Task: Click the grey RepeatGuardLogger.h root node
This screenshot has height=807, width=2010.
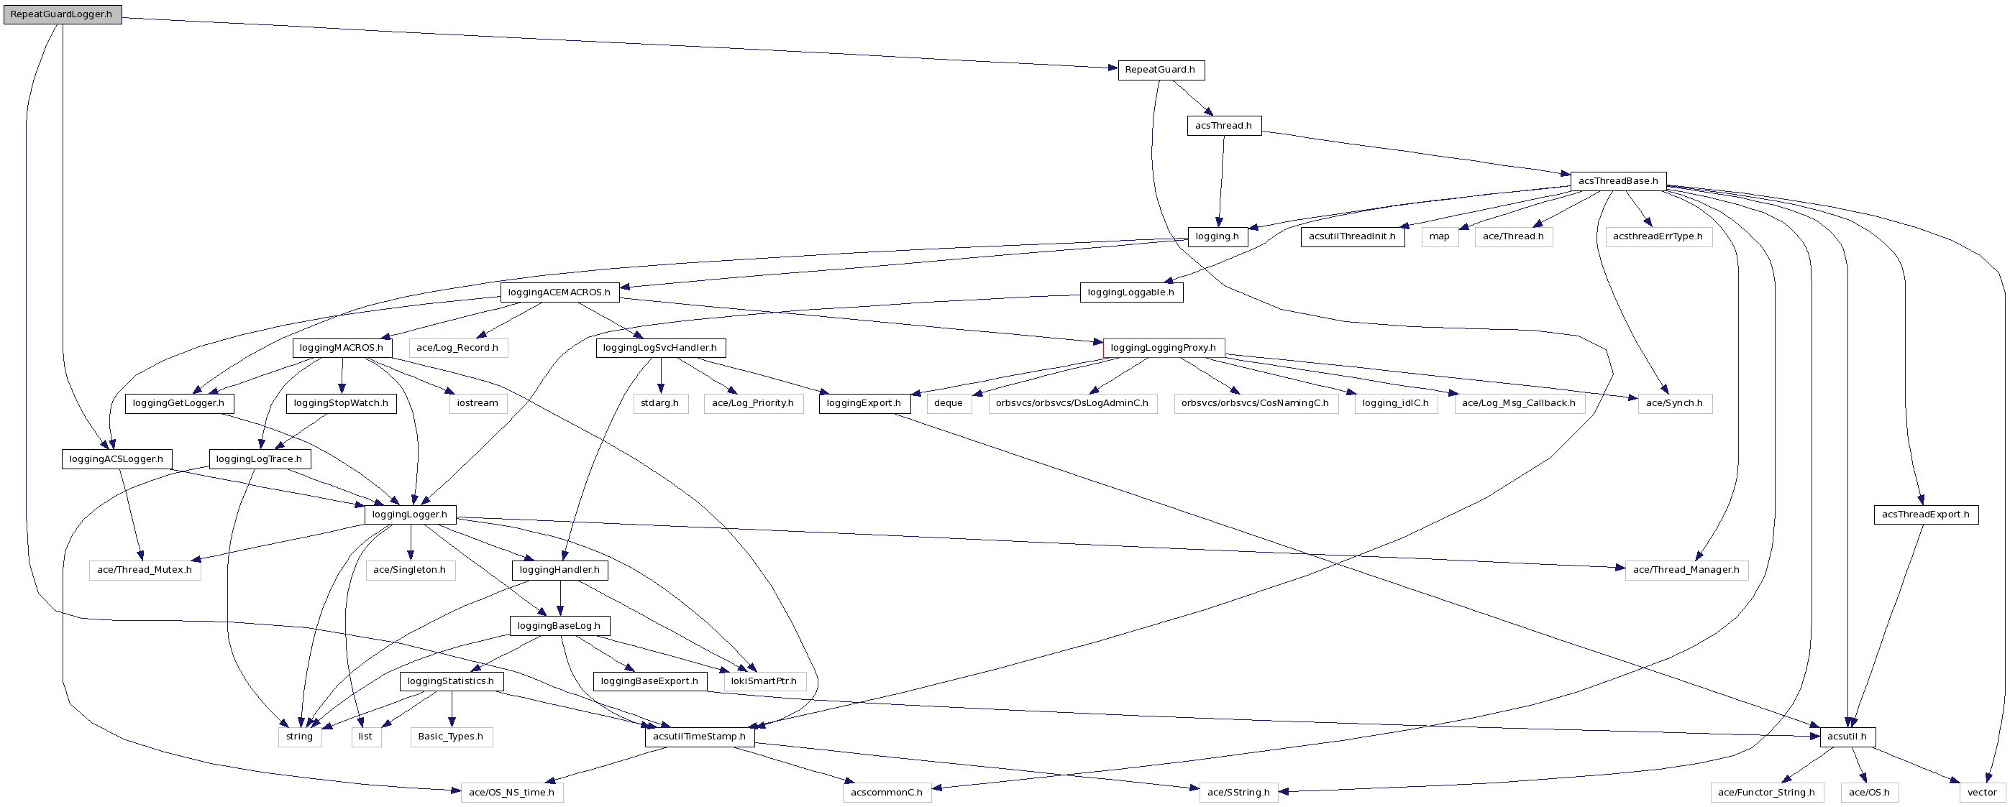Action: [62, 14]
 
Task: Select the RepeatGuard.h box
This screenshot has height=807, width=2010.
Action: [1160, 70]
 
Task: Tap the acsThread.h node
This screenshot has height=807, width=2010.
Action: [1223, 126]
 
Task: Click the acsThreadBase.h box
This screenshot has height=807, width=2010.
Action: [1617, 181]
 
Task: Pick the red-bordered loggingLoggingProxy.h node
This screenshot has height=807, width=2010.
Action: [1164, 348]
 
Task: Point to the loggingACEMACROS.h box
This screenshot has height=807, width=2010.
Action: [559, 292]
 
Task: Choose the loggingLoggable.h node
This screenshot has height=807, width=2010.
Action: [1130, 292]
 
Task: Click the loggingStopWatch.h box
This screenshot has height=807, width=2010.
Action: [341, 403]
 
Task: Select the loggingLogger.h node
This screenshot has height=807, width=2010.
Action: [410, 515]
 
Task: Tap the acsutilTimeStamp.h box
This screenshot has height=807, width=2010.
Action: [699, 737]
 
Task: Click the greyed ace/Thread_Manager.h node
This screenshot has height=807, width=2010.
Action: [1686, 570]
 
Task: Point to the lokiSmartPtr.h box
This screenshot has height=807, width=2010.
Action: [764, 681]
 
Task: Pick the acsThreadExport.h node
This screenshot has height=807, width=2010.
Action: [1925, 515]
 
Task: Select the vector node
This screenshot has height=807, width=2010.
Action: [1982, 792]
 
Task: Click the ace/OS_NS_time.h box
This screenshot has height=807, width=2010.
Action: [511, 792]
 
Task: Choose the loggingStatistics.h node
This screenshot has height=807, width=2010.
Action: [451, 681]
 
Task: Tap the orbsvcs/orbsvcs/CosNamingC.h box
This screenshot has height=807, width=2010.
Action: [1255, 403]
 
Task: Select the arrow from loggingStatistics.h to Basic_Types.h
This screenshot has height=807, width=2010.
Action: [451, 709]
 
